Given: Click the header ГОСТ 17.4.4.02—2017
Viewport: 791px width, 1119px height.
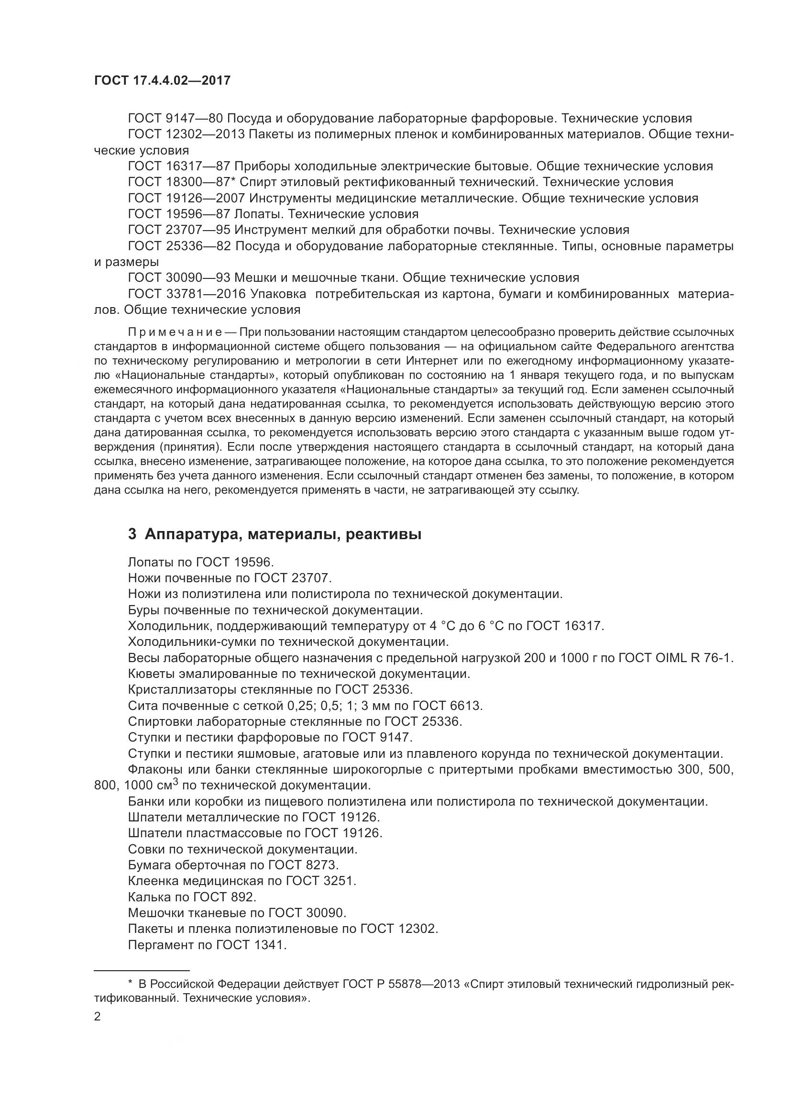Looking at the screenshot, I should pyautogui.click(x=162, y=81).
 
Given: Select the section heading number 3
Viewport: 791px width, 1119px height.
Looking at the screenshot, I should pyautogui.click(x=132, y=535).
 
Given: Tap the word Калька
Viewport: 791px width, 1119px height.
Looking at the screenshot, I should pyautogui.click(x=146, y=897).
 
